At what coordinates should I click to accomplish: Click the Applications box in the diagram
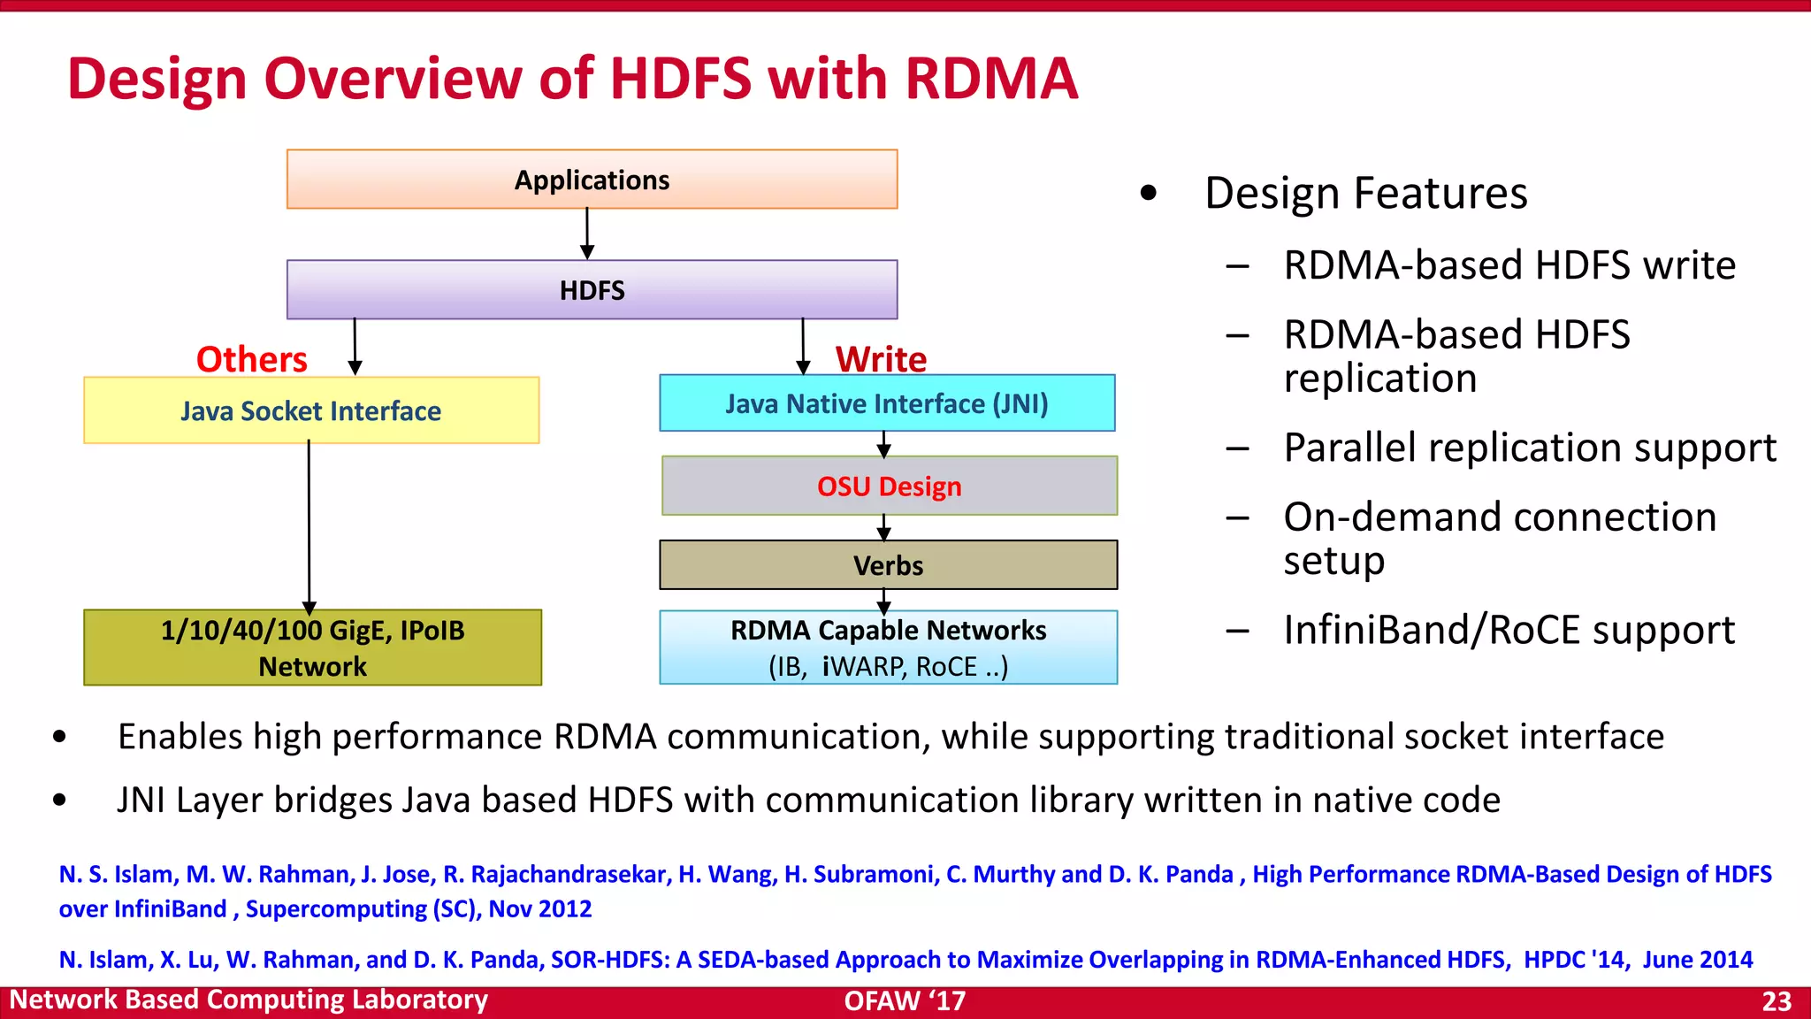coord(592,180)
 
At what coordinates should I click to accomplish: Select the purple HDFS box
coord(592,289)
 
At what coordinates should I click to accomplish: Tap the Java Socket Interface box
coord(311,410)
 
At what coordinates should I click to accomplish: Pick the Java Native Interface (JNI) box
coord(887,403)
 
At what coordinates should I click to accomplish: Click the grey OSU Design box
coord(889,486)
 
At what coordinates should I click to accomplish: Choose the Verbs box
coord(888,565)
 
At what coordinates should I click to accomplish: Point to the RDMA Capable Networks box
coord(888,647)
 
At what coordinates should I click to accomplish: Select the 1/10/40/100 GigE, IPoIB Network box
coord(312,647)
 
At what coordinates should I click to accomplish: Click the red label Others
coord(252,359)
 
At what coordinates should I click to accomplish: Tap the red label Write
coord(881,359)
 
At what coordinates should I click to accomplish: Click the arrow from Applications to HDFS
coord(587,234)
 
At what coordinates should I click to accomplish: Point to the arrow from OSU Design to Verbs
coord(883,528)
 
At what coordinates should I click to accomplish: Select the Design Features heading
coord(1365,193)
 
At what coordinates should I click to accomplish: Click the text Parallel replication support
coord(1529,448)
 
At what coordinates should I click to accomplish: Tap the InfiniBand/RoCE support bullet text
coord(1509,630)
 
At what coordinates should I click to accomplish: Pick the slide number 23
coord(1776,1001)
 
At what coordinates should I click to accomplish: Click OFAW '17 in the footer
coord(905,1001)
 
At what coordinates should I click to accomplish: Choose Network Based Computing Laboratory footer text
coord(248,1000)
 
